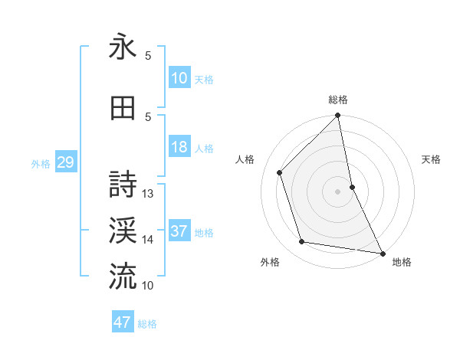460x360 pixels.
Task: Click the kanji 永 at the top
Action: click(x=123, y=47)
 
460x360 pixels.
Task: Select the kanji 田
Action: click(x=123, y=109)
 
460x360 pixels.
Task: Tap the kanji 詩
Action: click(x=123, y=185)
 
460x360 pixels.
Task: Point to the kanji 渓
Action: click(x=123, y=230)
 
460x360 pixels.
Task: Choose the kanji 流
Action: click(x=123, y=275)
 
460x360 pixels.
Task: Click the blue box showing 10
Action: click(x=179, y=78)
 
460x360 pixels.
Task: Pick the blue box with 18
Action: click(x=179, y=147)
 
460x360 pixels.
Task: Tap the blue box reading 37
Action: click(x=179, y=231)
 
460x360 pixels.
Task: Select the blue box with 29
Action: click(x=65, y=162)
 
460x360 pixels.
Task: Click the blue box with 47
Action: click(x=123, y=322)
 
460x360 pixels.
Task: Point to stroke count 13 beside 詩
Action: click(x=149, y=194)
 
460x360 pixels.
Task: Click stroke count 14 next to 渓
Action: click(x=148, y=240)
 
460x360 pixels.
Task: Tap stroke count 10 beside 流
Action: click(x=148, y=285)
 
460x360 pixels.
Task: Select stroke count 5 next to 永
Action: click(x=148, y=56)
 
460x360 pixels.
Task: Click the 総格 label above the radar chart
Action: click(x=338, y=100)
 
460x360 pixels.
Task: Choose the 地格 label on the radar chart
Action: click(x=402, y=262)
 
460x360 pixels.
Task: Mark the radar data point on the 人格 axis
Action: click(x=279, y=172)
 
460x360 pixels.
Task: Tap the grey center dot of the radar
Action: click(x=337, y=191)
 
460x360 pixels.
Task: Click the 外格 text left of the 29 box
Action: click(x=41, y=164)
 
